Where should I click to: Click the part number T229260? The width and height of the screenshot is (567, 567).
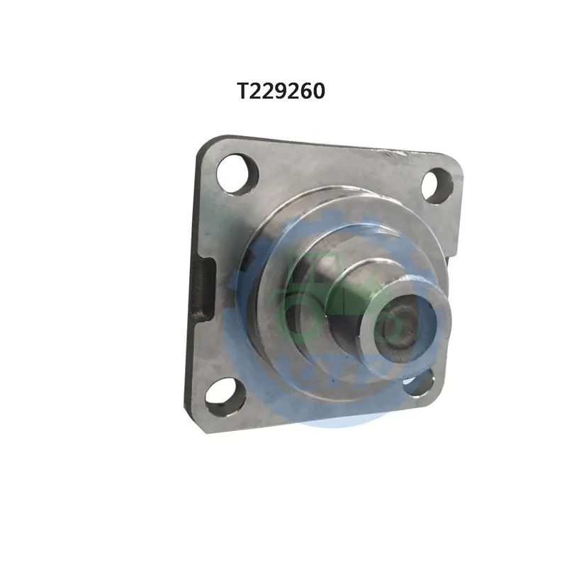[x=281, y=91]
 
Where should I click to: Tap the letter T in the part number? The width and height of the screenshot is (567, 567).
[x=243, y=91]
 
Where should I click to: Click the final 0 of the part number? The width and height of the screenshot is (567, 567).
[x=320, y=91]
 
